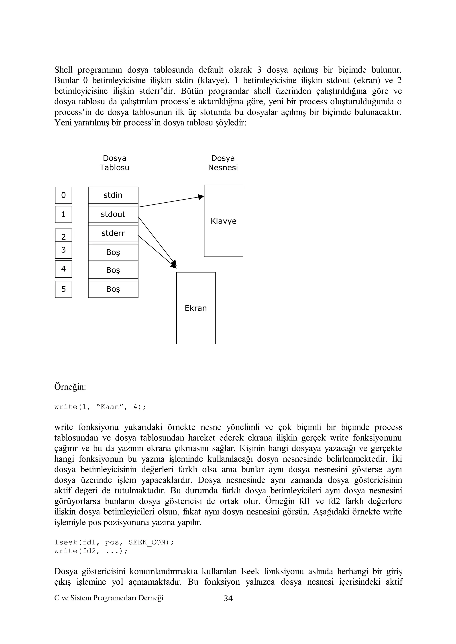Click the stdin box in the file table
pyautogui.click(x=113, y=195)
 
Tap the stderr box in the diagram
pyautogui.click(x=113, y=233)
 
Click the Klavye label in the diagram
pyautogui.click(x=224, y=221)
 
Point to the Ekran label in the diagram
pyautogui.click(x=196, y=308)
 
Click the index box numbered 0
pyautogui.click(x=63, y=195)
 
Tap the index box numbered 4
pyautogui.click(x=63, y=269)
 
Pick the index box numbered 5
pyautogui.click(x=63, y=289)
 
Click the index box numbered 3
pyautogui.click(x=63, y=250)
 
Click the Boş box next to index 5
pyautogui.click(x=113, y=289)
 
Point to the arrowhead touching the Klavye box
pyautogui.click(x=201, y=197)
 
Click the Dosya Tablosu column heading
pyautogui.click(x=115, y=163)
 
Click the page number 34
pyautogui.click(x=228, y=599)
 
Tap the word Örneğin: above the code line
pyautogui.click(x=70, y=387)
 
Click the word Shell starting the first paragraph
pyautogui.click(x=63, y=70)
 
